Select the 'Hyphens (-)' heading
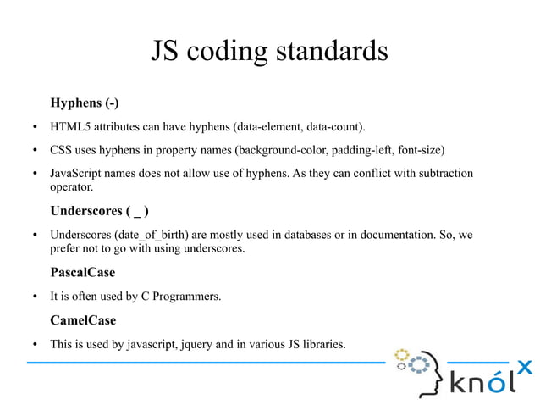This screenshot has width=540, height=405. coord(84,103)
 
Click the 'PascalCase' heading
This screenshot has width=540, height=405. coord(82,273)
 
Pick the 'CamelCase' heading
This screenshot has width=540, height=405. coord(83,320)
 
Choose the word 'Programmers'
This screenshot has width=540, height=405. coord(186,297)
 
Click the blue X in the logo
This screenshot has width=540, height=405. coord(525,366)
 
